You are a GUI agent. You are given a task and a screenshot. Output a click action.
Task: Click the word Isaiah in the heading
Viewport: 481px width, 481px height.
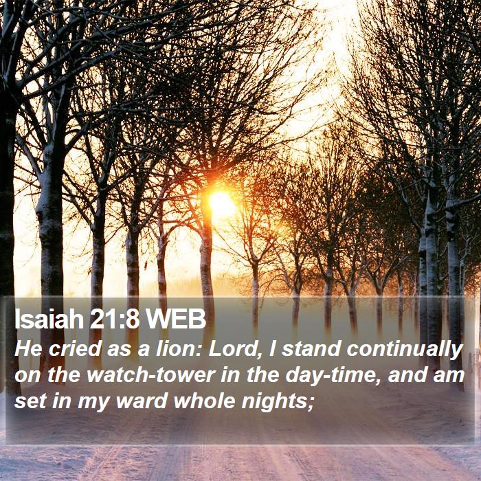49,319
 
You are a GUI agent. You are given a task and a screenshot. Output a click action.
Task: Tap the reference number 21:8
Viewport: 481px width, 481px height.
115,319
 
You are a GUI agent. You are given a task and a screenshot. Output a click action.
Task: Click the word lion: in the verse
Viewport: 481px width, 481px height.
179,349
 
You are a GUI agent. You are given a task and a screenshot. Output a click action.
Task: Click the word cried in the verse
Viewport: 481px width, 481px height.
75,349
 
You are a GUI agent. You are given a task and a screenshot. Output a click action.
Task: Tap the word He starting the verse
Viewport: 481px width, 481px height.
28,349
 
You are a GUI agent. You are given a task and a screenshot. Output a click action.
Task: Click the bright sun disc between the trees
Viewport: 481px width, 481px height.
221,203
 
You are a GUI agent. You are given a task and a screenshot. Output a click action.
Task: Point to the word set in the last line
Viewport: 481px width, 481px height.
30,401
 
